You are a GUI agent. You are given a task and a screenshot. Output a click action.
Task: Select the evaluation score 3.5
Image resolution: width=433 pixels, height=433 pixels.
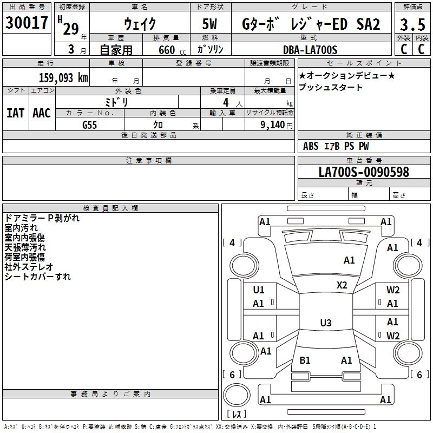pos(411,24)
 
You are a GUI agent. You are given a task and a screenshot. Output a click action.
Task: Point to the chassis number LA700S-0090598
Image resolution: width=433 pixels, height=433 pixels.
pos(364,172)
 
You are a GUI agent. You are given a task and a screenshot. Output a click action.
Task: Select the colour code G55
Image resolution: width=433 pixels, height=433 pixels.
pos(90,125)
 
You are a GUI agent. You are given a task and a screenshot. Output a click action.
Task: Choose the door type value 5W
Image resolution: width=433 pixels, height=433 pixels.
pos(211,24)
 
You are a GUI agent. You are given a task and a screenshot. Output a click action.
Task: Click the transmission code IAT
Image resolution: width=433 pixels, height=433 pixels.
pos(15,113)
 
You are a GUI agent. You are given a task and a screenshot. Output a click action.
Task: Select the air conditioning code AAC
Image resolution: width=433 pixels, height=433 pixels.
pos(42,113)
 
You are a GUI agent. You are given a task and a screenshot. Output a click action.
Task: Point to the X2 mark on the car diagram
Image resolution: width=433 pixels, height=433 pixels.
pos(342,285)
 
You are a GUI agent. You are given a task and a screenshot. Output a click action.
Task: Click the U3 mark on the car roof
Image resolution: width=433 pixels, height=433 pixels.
pos(325,323)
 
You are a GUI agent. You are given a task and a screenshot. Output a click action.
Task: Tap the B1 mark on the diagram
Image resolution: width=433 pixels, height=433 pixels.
pos(305,360)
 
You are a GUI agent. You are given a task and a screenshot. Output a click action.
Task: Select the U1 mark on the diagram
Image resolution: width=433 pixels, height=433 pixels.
pos(259,290)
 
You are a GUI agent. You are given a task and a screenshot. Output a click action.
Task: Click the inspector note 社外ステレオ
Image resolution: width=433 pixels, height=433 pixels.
pos(29,266)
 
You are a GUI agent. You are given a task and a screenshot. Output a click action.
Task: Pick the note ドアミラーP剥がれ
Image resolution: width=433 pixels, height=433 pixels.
pos(42,218)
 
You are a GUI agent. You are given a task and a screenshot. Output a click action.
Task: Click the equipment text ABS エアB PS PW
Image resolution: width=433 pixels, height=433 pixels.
pos(336,146)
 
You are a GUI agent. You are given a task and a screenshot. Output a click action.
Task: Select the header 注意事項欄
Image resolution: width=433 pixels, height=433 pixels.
pos(149,161)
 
